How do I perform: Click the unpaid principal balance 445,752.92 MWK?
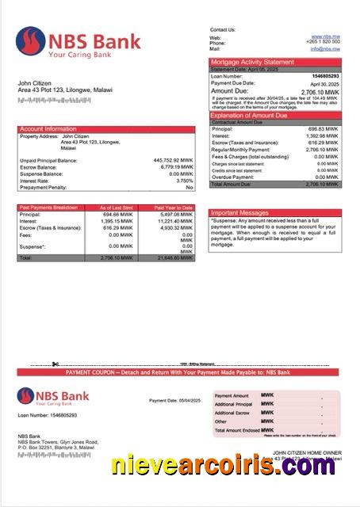pos(170,160)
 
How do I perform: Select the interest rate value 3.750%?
pos(183,181)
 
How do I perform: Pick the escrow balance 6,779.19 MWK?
pos(174,167)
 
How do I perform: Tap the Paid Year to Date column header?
pos(174,208)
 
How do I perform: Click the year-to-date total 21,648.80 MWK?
pos(174,258)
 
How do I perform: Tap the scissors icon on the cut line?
pos(56,365)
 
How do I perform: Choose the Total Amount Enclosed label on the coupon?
pos(239,429)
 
